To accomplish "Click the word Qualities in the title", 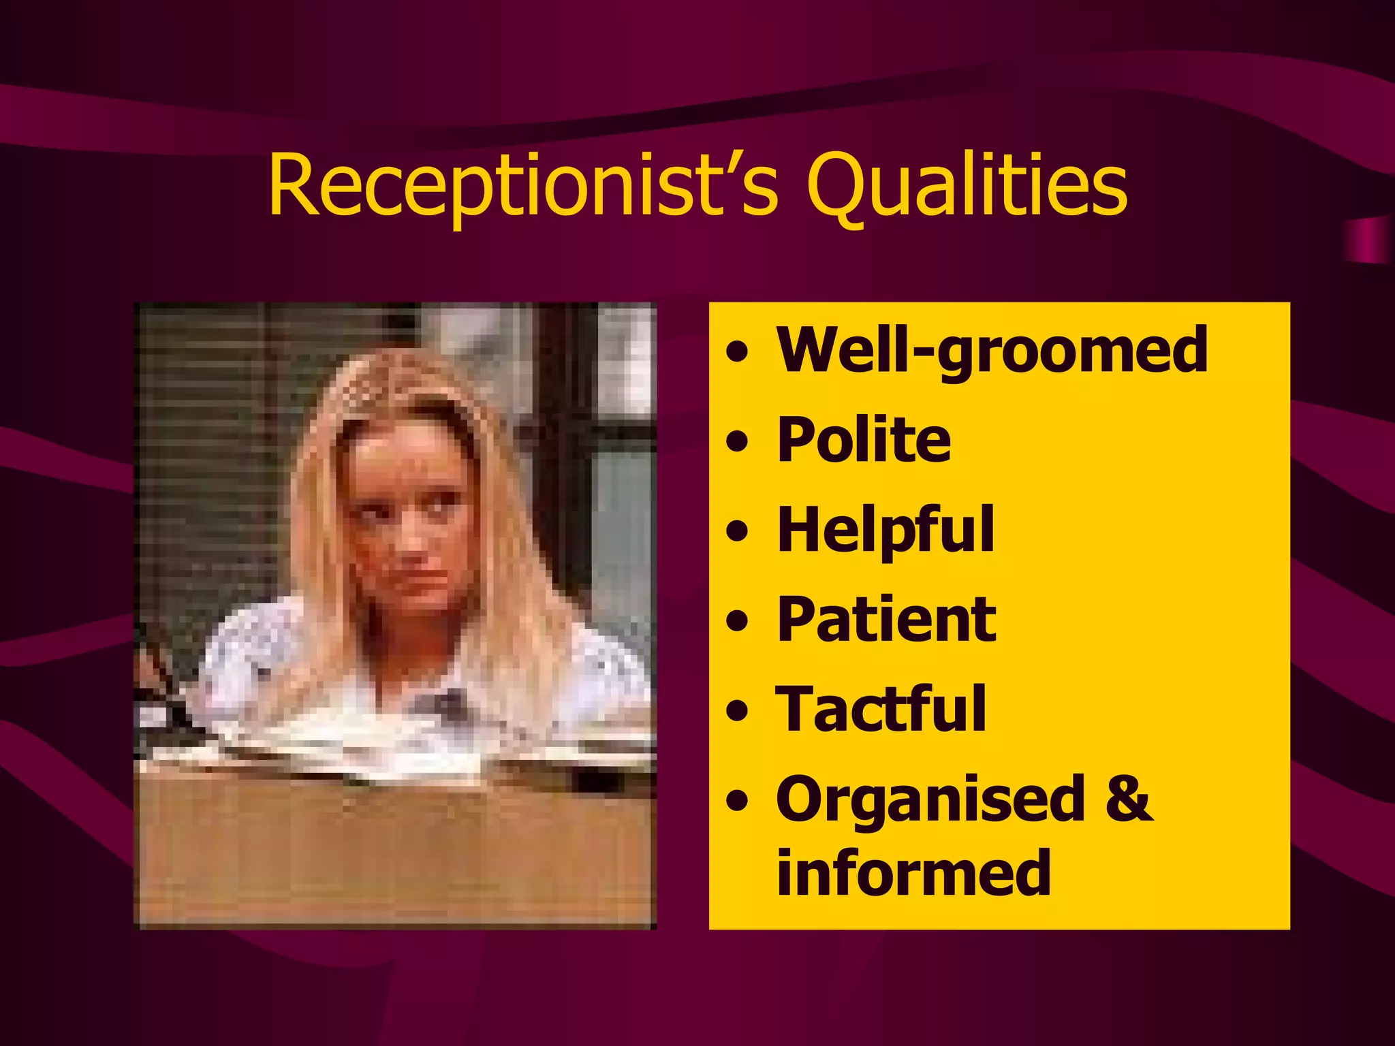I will [x=967, y=185].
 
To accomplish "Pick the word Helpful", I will [x=885, y=530].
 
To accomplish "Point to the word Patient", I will [x=886, y=619].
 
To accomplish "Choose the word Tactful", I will [x=881, y=709].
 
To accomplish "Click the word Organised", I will [x=930, y=799].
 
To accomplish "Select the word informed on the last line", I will [x=913, y=873].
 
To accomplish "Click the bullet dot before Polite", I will [x=737, y=442].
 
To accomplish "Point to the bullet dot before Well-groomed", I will [x=737, y=352].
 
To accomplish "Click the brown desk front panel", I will [x=395, y=851].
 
